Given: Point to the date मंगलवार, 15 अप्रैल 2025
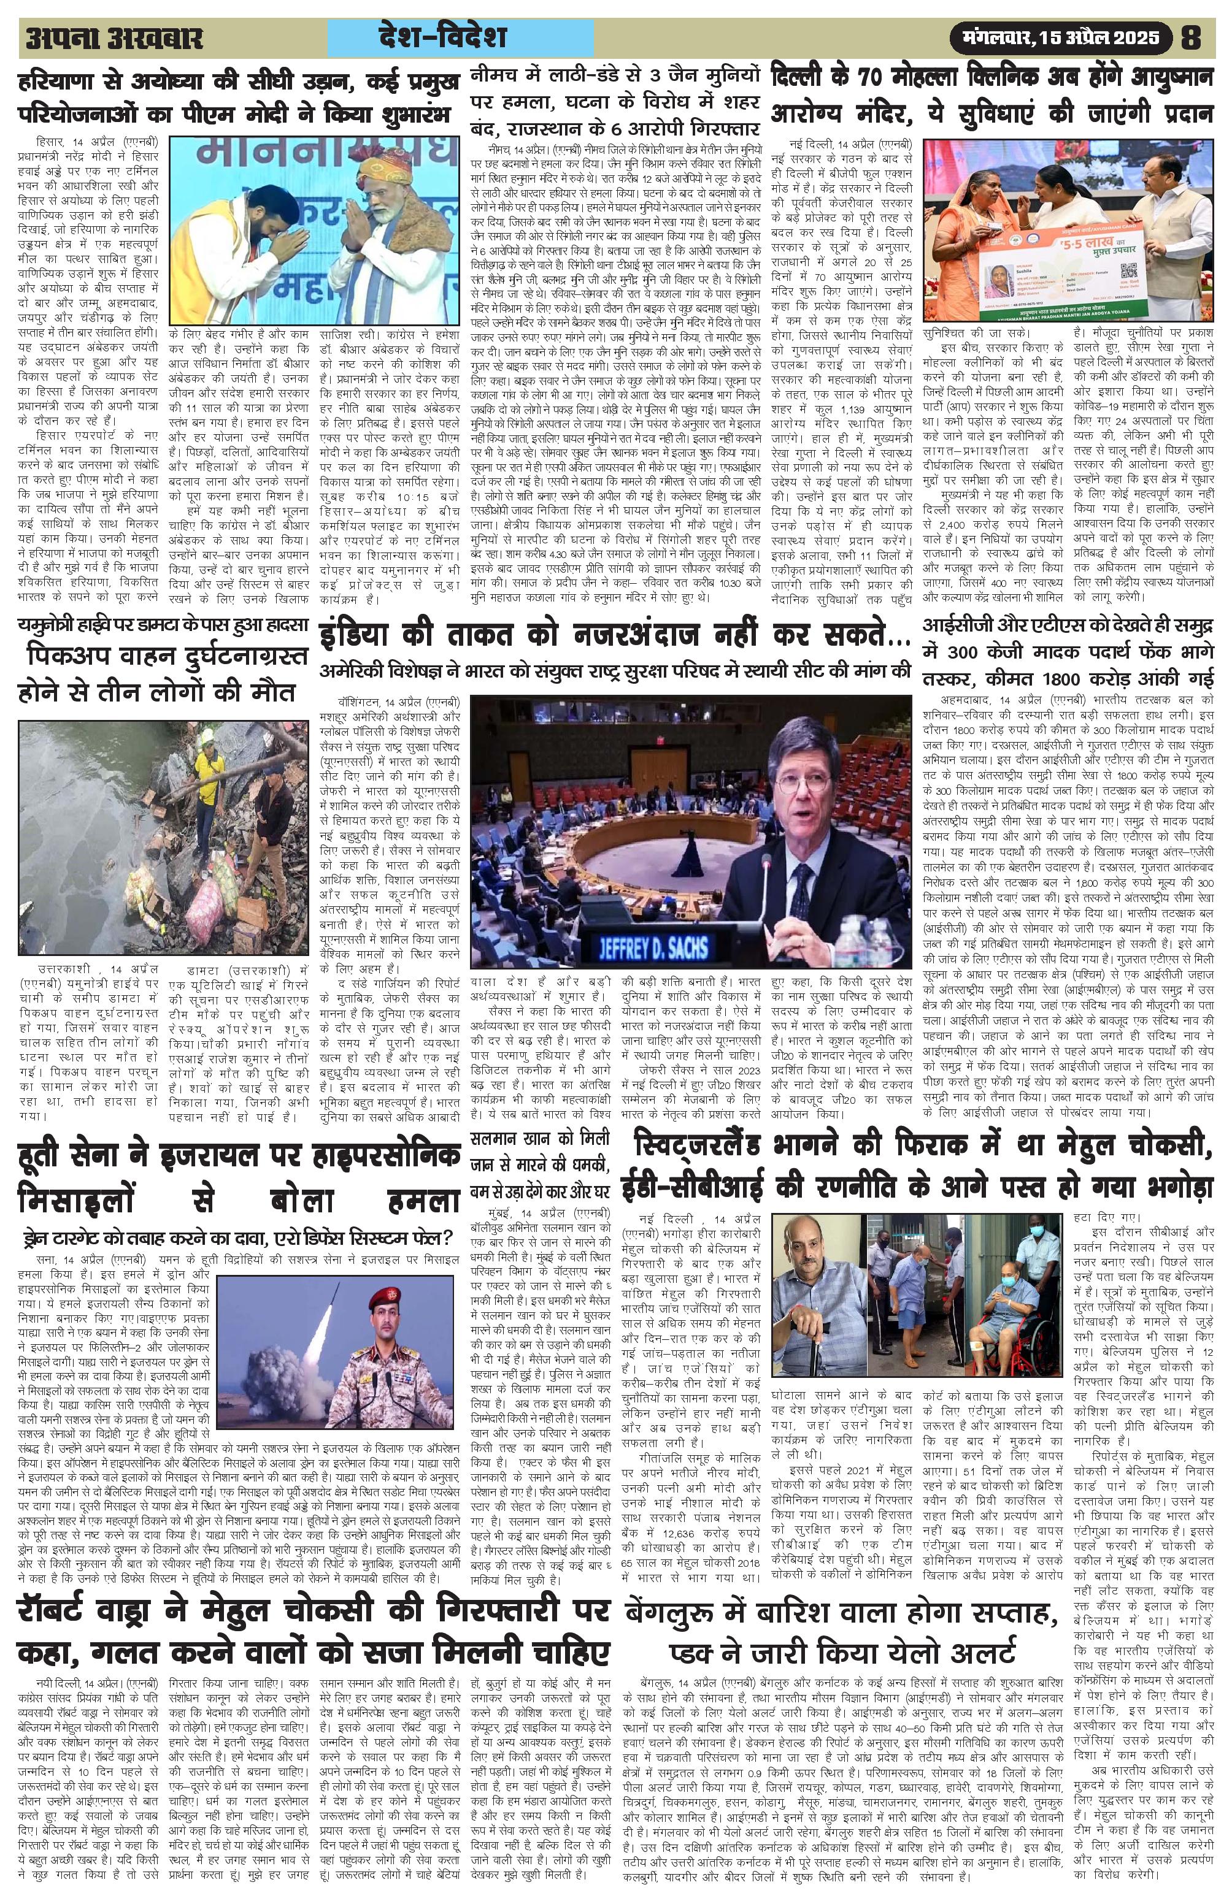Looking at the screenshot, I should pos(1063,37).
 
